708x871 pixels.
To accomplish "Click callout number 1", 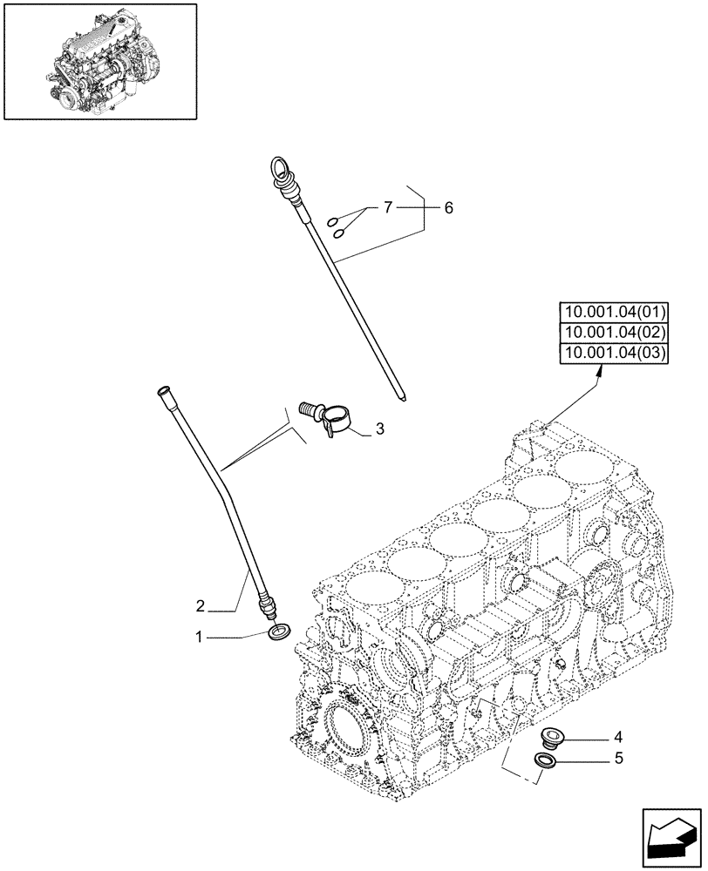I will coord(201,638).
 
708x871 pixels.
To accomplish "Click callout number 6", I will coord(448,208).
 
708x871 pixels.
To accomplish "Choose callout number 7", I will coord(388,208).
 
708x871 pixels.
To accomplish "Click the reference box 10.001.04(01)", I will coord(614,313).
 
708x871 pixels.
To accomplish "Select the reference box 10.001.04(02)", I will coord(614,332).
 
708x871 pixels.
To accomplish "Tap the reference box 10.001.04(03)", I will coord(614,351).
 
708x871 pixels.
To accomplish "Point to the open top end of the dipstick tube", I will coord(163,393).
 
